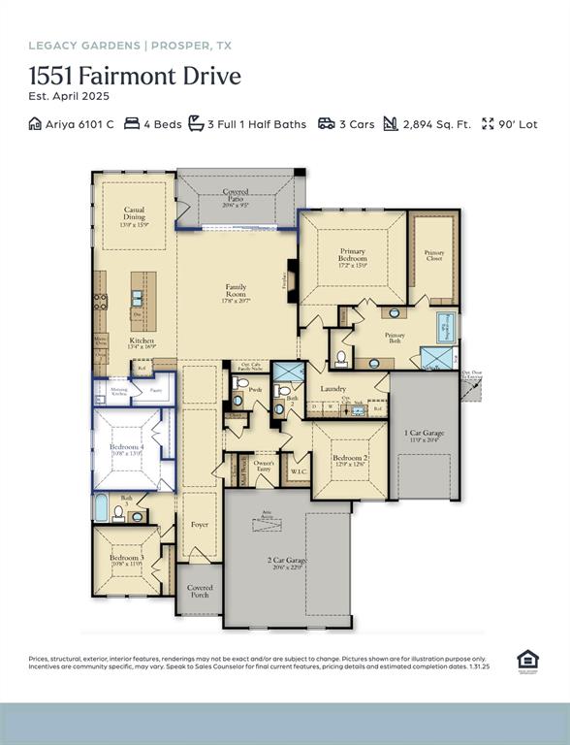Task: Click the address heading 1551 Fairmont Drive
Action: [x=135, y=76]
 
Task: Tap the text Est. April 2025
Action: [x=69, y=96]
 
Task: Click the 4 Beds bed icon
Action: [x=135, y=124]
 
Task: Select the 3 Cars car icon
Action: [x=327, y=124]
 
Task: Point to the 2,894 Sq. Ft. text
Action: [x=436, y=124]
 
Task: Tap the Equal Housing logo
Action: [x=527, y=662]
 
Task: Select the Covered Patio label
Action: [x=236, y=193]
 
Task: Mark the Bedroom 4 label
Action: [x=126, y=448]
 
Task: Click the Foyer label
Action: [x=200, y=525]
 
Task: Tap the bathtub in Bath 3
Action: [x=101, y=508]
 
